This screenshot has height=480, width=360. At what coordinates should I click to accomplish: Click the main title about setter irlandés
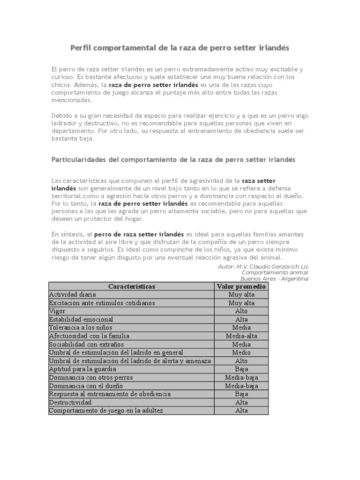[180, 48]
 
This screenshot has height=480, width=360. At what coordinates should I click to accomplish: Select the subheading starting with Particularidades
[173, 159]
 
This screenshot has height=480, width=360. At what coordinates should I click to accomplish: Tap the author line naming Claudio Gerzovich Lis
[263, 266]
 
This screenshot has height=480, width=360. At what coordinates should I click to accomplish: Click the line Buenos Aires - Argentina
[274, 278]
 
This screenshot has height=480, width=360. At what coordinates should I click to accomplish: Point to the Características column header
[131, 286]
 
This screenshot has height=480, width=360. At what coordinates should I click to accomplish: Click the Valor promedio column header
[241, 286]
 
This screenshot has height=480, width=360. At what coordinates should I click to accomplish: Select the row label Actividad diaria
[73, 294]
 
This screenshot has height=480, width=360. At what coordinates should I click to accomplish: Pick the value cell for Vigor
[241, 311]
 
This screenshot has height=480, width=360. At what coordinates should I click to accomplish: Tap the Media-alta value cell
[241, 336]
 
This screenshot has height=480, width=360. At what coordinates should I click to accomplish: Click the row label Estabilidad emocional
[81, 319]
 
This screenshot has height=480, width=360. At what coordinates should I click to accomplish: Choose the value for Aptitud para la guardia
[241, 369]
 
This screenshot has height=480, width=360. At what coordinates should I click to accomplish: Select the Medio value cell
[241, 352]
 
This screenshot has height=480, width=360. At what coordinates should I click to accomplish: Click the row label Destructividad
[70, 402]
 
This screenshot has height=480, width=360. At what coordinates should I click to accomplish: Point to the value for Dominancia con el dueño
[241, 386]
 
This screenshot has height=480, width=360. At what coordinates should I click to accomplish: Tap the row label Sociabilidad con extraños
[86, 344]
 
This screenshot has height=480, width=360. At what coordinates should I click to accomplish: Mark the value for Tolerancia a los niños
[241, 328]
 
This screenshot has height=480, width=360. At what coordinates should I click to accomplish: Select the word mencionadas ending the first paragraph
[72, 100]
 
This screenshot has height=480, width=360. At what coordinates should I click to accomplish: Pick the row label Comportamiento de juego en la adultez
[106, 411]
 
